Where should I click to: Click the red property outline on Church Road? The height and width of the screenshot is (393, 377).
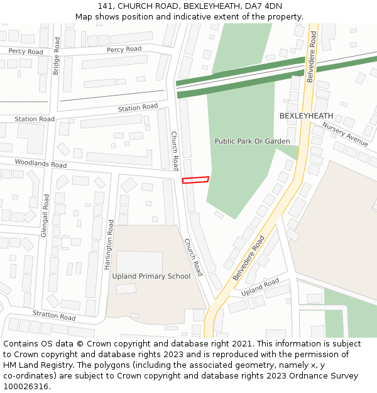195,180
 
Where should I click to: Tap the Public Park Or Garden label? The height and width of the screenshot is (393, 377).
252,141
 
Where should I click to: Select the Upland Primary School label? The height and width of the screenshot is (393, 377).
151,276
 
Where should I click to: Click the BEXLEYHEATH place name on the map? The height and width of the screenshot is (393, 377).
306,116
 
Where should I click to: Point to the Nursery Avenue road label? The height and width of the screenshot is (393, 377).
345,134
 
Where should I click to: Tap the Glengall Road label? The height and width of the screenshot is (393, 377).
45,214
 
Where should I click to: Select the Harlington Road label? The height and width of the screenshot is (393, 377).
109,245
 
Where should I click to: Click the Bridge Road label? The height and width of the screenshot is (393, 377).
57,56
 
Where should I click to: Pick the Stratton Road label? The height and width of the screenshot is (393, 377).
54,315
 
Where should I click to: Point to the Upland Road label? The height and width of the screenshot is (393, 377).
260,287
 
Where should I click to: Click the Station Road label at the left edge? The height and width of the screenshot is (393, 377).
35,119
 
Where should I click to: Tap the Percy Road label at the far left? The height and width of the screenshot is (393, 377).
26,51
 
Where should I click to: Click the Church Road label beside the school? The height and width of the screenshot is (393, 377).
194,257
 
